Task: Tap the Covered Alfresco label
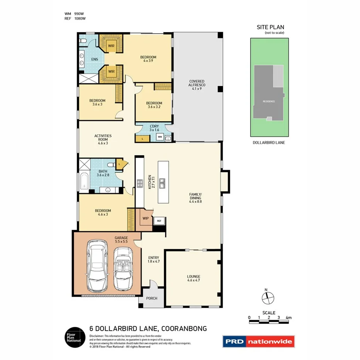pyautogui.click(x=197, y=85)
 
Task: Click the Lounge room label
pyautogui.click(x=194, y=278)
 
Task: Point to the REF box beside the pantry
pyautogui.click(x=159, y=221)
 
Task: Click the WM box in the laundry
pyautogui.click(x=160, y=137)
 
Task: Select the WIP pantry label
pyautogui.click(x=146, y=218)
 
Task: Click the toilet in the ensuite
pyautogui.click(x=83, y=41)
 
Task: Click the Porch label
pyautogui.click(x=151, y=299)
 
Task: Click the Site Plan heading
pyautogui.click(x=270, y=27)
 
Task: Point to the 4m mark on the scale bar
pyautogui.click(x=288, y=318)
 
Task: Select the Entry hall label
pyautogui.click(x=154, y=260)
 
